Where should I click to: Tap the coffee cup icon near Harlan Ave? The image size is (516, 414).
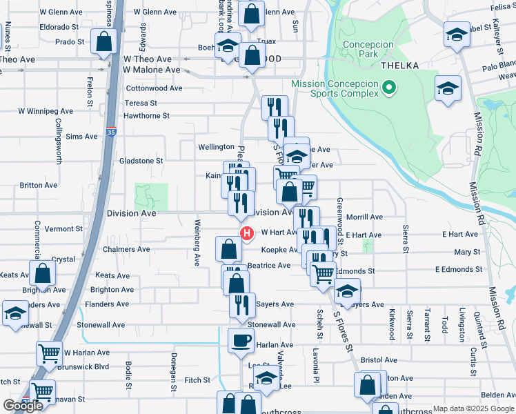241,340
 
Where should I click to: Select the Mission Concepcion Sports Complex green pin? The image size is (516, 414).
388,87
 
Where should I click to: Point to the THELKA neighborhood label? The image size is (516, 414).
399,65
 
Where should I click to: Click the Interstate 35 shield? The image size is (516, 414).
112,130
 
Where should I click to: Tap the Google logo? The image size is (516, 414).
23,406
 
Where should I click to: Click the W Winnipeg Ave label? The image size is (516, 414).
46,110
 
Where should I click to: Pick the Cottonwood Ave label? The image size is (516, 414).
155,88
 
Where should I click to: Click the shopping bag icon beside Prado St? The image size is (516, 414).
104,42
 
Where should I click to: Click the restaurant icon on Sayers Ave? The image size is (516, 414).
241,304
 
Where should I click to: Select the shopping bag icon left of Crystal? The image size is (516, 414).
43,273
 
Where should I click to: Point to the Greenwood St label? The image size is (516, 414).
339,214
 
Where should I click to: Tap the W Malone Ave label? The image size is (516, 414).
152,70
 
